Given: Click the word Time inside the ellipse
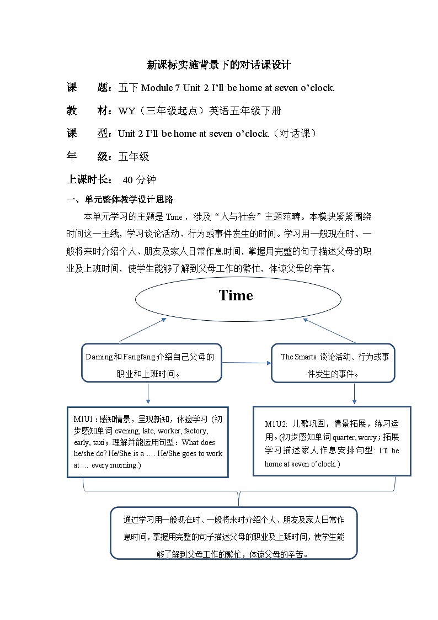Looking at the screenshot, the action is click(x=236, y=295).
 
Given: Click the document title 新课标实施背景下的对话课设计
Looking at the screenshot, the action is click(x=219, y=65).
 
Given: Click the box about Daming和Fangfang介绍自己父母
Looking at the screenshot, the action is click(x=152, y=363).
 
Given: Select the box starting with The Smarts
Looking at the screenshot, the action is click(x=333, y=363).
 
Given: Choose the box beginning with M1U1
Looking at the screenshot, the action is click(x=148, y=442).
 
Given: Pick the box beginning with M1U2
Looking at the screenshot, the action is click(x=332, y=441).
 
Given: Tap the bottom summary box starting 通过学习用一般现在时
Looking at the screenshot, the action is click(x=233, y=533).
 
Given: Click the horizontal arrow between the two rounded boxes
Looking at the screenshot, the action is click(x=246, y=363).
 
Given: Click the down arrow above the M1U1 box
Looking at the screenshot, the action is click(x=148, y=394).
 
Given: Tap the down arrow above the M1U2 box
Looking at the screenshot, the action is click(x=354, y=393).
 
